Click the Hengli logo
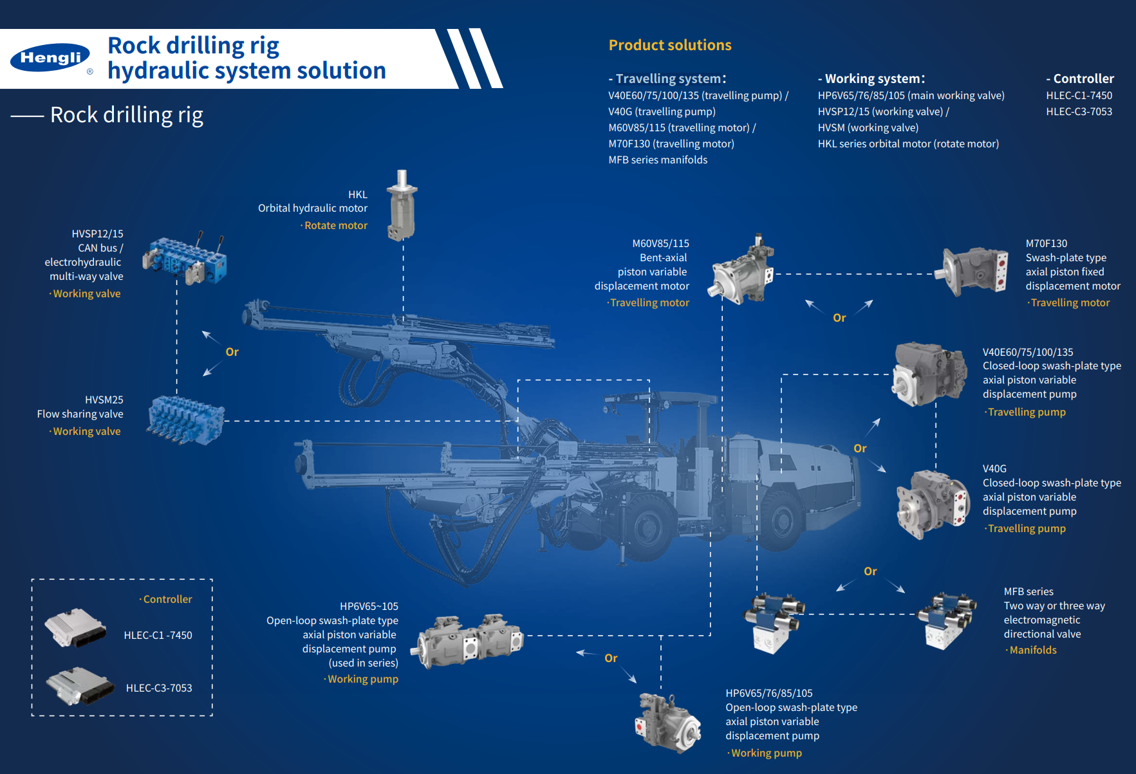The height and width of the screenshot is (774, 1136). (x=50, y=58)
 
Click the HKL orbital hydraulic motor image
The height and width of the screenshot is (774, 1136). (x=402, y=206)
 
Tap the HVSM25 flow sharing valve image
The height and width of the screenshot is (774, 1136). (x=186, y=420)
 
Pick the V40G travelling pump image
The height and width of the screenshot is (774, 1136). (x=933, y=504)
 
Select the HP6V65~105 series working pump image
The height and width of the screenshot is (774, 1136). (x=470, y=640)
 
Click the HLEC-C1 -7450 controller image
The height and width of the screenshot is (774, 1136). (x=75, y=627)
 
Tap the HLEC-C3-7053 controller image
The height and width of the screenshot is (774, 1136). (x=79, y=686)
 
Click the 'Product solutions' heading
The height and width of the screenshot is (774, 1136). (x=670, y=45)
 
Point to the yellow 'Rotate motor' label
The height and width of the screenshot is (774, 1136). (x=335, y=226)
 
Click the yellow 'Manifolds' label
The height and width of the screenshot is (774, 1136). (x=1032, y=650)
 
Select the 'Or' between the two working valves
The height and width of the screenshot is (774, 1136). (x=232, y=352)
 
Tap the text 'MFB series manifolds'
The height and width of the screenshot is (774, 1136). (x=658, y=160)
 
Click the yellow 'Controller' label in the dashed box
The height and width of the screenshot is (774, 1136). (x=167, y=600)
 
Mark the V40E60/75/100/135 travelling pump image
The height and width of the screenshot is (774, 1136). (x=929, y=374)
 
